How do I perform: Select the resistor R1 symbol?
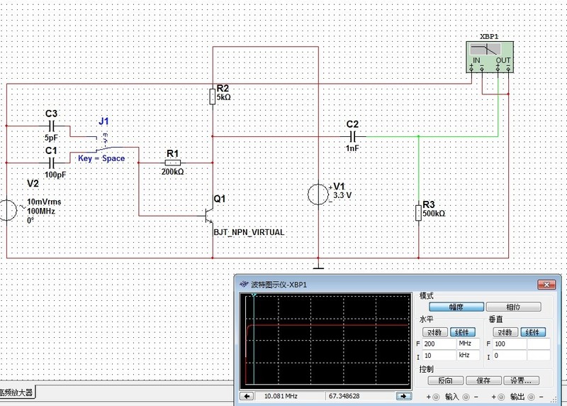(x=173, y=163)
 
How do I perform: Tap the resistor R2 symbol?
(x=212, y=96)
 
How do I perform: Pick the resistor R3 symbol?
(x=418, y=212)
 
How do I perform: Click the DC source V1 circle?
(x=318, y=194)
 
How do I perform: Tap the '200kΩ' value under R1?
(x=172, y=172)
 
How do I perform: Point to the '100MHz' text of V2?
(x=40, y=212)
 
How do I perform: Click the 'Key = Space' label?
(x=101, y=158)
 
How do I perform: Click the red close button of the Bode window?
(x=545, y=285)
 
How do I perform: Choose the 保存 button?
(x=483, y=380)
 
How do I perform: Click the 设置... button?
(x=522, y=380)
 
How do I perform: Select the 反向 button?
(x=445, y=380)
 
